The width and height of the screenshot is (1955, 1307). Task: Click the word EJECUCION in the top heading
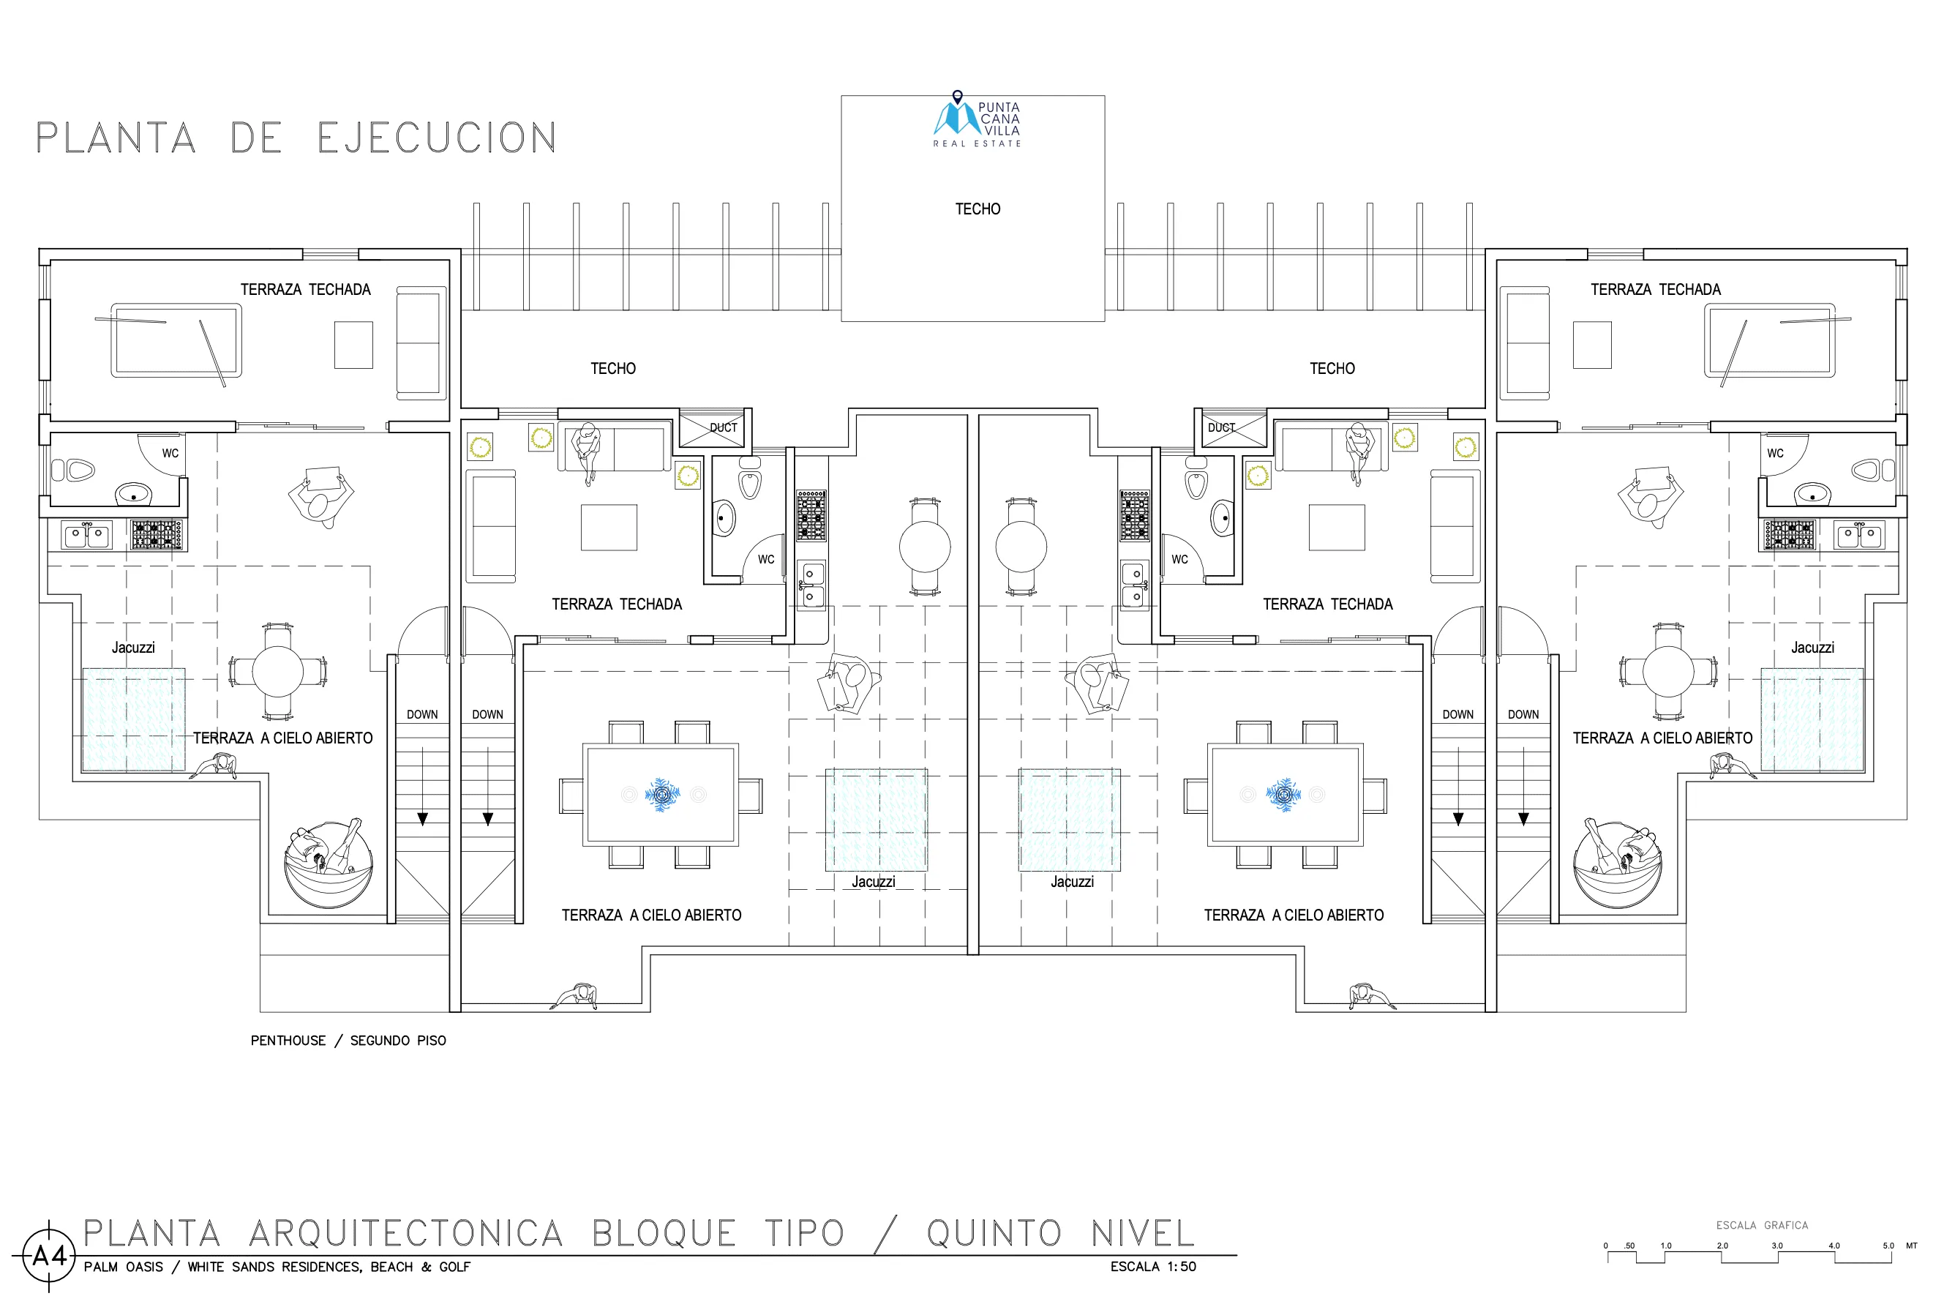pos(438,138)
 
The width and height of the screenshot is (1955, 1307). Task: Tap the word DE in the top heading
pos(257,138)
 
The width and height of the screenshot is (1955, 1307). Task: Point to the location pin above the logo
pos(958,97)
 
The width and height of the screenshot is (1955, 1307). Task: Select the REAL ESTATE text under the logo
pos(977,143)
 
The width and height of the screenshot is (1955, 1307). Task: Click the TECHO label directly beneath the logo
pos(977,209)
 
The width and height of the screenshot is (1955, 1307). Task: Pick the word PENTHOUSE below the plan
pos(288,1041)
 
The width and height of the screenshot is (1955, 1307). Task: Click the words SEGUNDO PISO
pos(397,1041)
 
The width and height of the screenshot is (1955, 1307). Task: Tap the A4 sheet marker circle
pos(49,1255)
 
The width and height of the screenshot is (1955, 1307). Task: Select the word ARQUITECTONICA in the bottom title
pos(406,1234)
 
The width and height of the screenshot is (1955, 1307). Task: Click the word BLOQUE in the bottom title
pos(664,1234)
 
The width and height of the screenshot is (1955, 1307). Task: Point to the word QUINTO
pos(994,1234)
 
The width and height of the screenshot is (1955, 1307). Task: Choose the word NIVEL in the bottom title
pos(1143,1234)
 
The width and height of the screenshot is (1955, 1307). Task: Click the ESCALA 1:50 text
pos(1153,1267)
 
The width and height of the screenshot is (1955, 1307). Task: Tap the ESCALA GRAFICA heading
pos(1762,1225)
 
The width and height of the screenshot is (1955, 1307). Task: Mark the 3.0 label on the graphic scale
pos(1776,1246)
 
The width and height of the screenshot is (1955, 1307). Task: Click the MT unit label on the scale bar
pos(1912,1246)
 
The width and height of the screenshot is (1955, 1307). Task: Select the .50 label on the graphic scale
pos(1629,1246)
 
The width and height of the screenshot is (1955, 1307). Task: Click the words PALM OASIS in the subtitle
pos(124,1267)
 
